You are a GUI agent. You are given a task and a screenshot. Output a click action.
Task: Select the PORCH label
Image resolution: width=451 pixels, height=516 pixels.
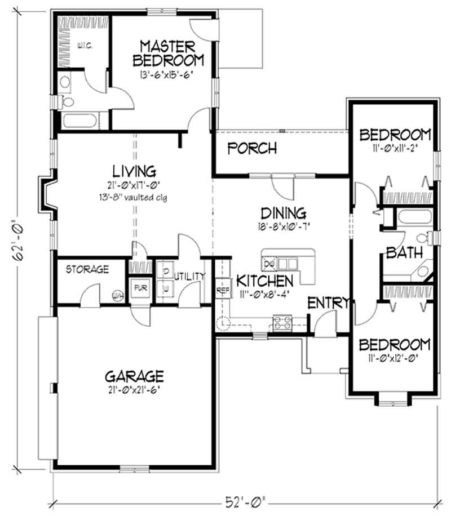252,148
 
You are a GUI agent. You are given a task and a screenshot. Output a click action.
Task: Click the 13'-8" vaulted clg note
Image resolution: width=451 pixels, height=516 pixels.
134,198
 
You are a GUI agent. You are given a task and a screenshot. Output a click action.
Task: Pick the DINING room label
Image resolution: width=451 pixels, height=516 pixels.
283,213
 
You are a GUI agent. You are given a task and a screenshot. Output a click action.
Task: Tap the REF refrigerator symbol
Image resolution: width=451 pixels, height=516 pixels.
222,291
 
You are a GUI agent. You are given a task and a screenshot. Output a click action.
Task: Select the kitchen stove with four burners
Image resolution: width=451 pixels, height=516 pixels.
281,323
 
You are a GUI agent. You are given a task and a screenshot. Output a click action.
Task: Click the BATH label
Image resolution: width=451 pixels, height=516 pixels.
404,253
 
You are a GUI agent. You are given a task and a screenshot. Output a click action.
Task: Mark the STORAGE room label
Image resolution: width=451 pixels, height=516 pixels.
87,269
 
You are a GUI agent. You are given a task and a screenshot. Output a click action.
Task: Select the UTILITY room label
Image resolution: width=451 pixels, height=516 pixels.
189,276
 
